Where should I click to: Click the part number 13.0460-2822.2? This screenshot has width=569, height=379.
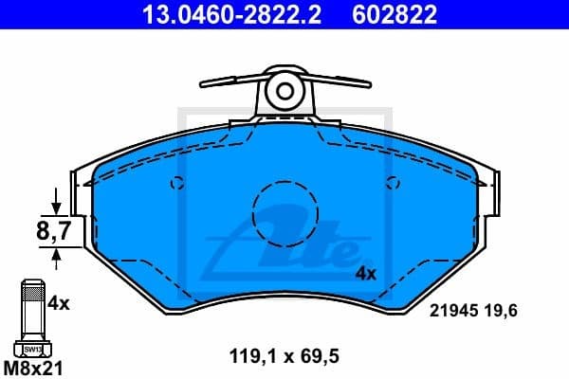(229, 13)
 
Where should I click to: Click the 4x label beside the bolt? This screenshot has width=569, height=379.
(59, 303)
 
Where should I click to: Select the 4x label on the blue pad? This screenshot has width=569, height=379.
(365, 274)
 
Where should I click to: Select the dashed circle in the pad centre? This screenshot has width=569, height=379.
(284, 211)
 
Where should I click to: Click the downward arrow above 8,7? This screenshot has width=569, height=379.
(57, 202)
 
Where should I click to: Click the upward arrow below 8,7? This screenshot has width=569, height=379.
(57, 255)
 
